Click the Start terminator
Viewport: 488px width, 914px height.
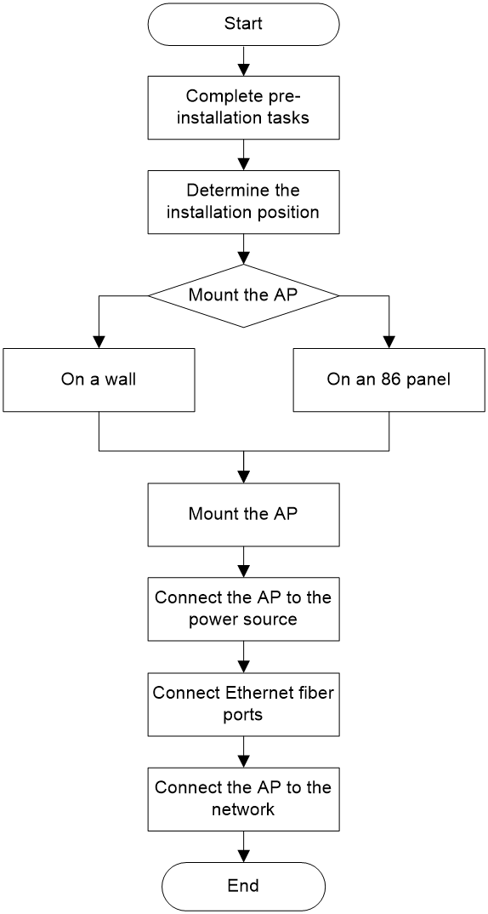[x=243, y=23]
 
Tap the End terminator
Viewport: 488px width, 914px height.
[x=243, y=885]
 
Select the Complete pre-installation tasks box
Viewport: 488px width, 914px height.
[x=243, y=107]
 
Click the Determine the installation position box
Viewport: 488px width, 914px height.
[x=243, y=202]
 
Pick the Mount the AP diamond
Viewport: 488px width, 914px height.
[x=243, y=295]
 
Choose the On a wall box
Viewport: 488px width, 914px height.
[x=99, y=380]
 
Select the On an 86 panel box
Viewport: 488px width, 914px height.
[x=389, y=380]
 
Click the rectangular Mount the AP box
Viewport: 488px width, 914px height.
[x=243, y=514]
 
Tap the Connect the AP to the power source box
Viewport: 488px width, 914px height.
[x=243, y=608]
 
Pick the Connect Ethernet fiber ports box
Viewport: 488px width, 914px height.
[x=243, y=703]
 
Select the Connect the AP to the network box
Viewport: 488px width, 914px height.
[x=243, y=798]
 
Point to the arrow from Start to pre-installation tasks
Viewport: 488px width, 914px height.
[x=243, y=60]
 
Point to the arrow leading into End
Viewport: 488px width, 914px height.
[x=243, y=847]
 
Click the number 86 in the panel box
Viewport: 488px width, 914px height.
[x=383, y=380]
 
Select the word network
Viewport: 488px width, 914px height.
[x=243, y=809]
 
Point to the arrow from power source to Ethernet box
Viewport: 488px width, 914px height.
[x=243, y=656]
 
